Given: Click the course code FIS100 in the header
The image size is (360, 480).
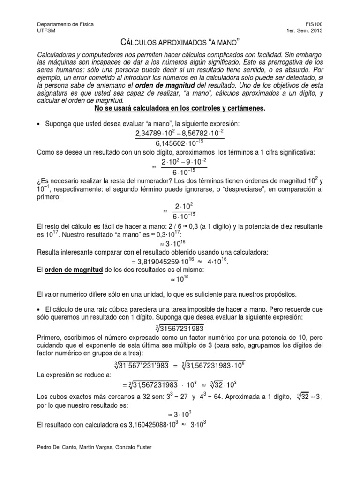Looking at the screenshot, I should click(x=313, y=24).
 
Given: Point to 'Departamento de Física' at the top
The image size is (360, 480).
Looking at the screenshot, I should click(x=65, y=24).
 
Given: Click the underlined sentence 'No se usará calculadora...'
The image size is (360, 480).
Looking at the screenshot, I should click(x=180, y=108).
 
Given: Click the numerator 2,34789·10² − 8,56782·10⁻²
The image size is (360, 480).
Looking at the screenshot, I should click(x=180, y=134).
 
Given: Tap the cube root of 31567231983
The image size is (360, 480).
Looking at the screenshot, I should click(x=180, y=327).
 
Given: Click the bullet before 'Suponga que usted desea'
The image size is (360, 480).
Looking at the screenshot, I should click(x=38, y=124).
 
